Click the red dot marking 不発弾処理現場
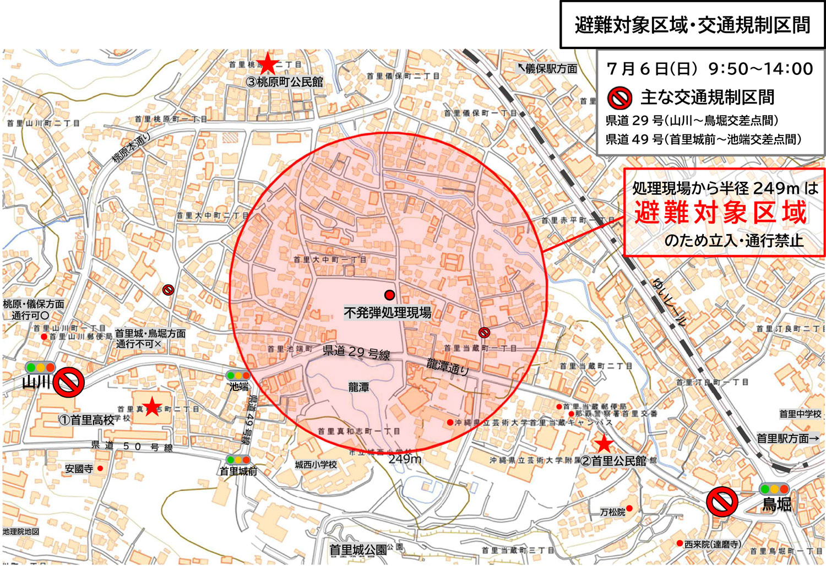click(389, 295)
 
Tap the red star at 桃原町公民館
click(268, 64)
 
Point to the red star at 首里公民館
click(604, 443)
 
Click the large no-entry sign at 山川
click(68, 382)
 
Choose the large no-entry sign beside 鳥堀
click(722, 501)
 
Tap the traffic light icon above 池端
click(238, 375)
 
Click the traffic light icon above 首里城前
click(238, 460)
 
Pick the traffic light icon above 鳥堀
click(774, 488)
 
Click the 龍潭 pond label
click(358, 388)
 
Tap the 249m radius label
click(405, 459)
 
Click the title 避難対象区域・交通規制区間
click(692, 25)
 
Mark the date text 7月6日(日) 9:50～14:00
click(709, 69)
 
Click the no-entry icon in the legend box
click(619, 99)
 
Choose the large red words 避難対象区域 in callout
click(720, 213)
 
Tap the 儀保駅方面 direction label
click(547, 68)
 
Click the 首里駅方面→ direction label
click(787, 438)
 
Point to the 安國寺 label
click(79, 469)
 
